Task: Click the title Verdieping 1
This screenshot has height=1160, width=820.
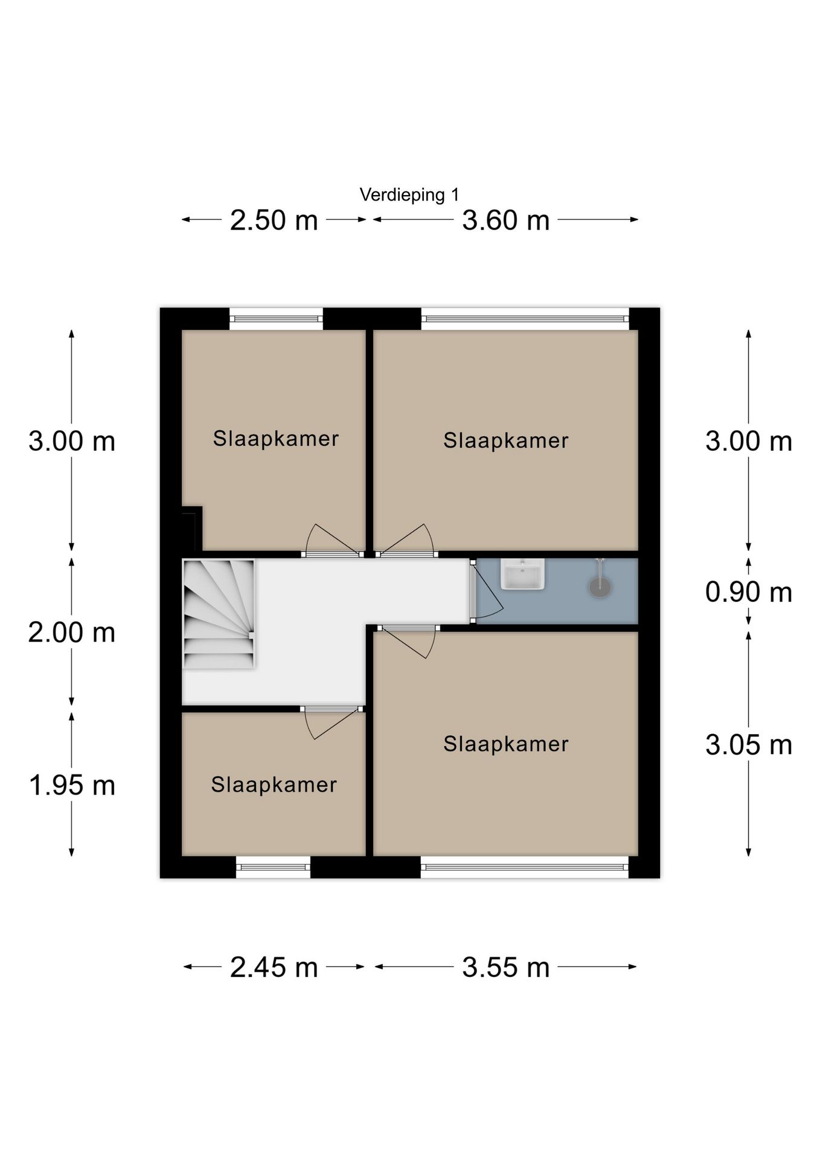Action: tap(409, 195)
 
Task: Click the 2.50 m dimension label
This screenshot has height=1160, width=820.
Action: tap(274, 220)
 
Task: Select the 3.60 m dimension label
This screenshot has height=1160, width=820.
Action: tap(505, 220)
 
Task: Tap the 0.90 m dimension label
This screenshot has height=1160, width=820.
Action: tap(748, 591)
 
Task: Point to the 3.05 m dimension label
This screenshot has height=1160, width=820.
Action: tap(748, 745)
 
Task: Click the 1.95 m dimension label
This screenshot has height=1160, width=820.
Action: tap(72, 785)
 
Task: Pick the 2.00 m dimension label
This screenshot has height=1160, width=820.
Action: tap(72, 633)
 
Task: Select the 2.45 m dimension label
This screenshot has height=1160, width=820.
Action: tap(274, 967)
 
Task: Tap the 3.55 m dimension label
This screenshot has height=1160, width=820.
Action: tap(505, 967)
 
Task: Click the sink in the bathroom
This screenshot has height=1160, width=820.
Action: tap(522, 574)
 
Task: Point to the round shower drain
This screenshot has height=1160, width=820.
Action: tap(600, 587)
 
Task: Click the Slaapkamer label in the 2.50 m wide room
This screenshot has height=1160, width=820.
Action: tap(275, 439)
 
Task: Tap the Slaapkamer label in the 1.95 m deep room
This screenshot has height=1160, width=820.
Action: tap(274, 785)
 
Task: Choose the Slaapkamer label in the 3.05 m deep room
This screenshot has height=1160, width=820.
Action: tap(505, 744)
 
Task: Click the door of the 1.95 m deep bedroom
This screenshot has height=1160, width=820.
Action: tap(329, 722)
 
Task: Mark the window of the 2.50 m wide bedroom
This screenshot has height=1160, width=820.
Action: tap(276, 318)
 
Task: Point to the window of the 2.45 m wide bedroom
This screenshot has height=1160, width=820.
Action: tap(273, 868)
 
